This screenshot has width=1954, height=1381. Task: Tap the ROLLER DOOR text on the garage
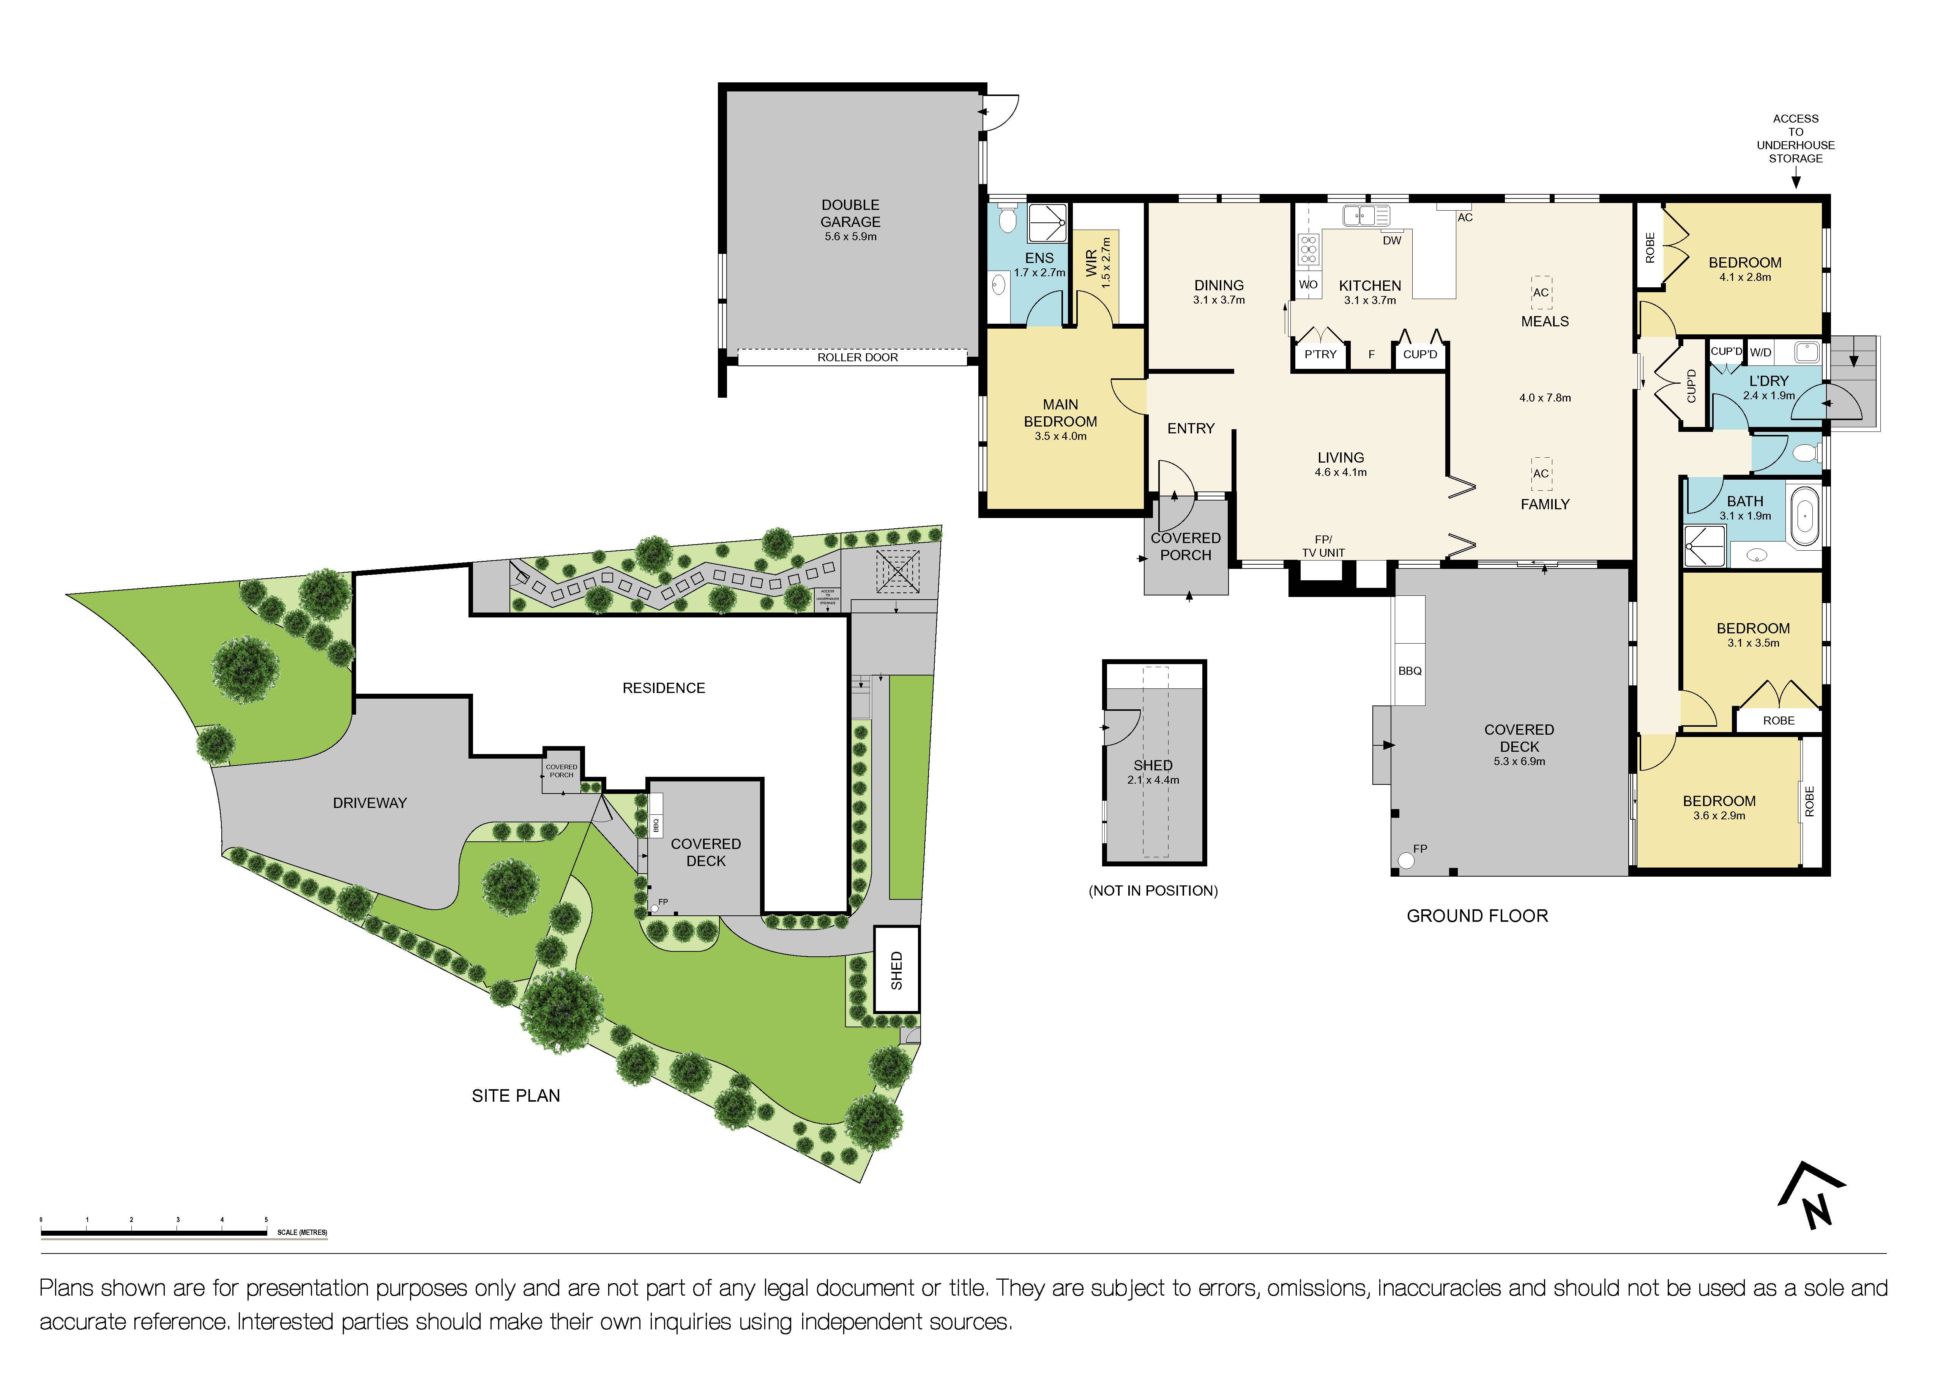(857, 357)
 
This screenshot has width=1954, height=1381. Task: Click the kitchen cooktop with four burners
(1308, 250)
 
